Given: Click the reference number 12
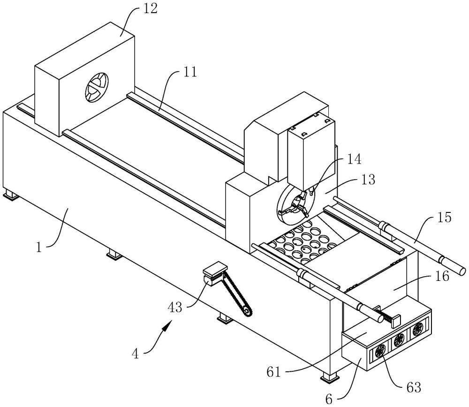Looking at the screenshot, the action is [x=150, y=9].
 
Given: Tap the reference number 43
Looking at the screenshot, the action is [x=175, y=307].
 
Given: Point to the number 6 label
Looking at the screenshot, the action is [x=329, y=399].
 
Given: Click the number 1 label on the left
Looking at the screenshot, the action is [x=39, y=248].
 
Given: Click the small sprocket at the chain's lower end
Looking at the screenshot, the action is [x=247, y=312].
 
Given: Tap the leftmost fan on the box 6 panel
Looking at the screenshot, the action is [x=381, y=351].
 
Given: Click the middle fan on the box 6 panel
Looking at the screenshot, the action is [x=399, y=340].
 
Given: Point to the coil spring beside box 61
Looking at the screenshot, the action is [x=386, y=317].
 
